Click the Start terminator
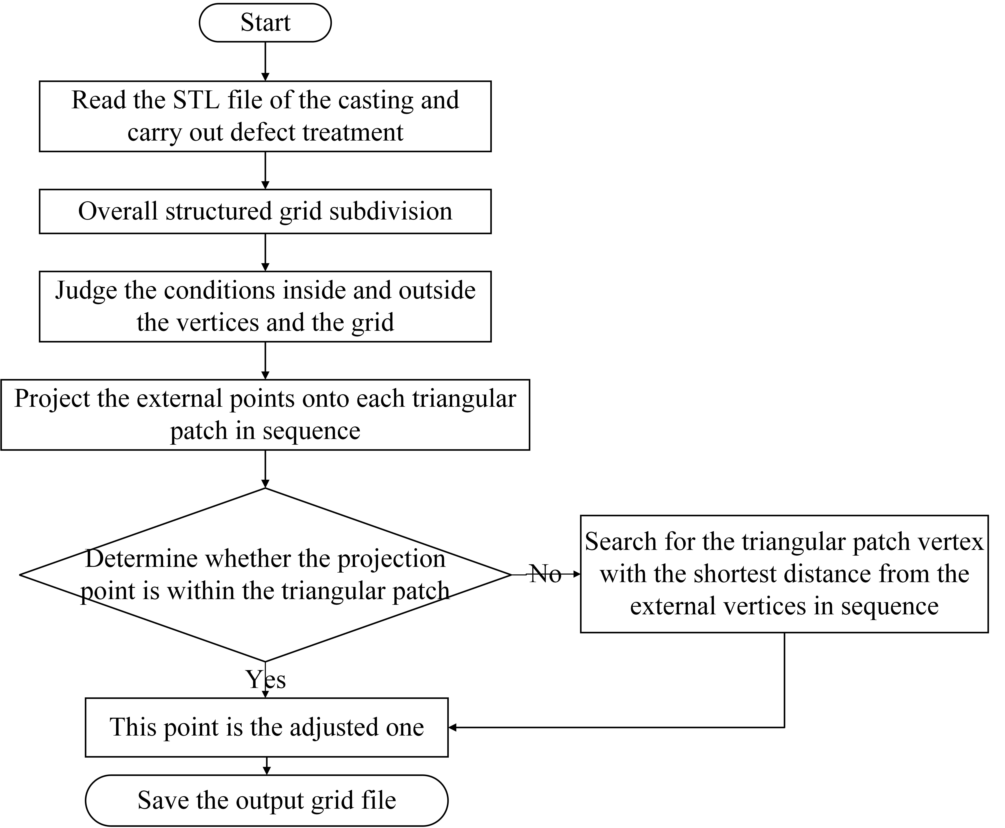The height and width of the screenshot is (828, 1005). [265, 22]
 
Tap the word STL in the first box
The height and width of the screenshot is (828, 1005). [196, 100]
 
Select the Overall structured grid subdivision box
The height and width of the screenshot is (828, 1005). [265, 211]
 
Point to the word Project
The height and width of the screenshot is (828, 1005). [52, 399]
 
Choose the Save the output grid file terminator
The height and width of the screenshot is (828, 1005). [266, 800]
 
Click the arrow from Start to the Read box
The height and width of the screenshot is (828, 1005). [265, 61]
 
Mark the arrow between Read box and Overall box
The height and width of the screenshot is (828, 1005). [265, 170]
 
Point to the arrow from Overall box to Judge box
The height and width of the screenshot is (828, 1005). [265, 252]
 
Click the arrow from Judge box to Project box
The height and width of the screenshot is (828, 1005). [265, 361]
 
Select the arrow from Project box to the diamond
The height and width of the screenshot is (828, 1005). [265, 469]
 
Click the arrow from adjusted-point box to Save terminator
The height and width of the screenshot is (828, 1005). [266, 766]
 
